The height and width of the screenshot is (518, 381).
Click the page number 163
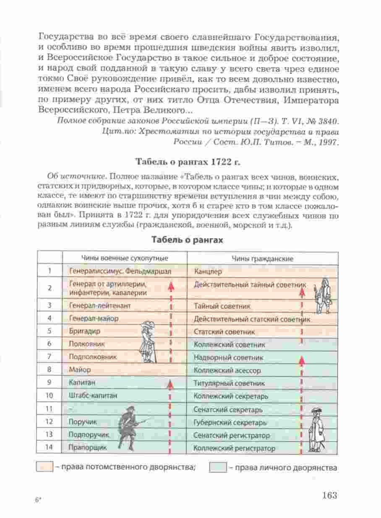(x=329, y=495)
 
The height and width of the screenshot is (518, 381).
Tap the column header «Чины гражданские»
(x=262, y=259)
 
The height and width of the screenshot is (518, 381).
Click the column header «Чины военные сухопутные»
(x=125, y=258)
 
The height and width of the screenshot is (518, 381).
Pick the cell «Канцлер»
(x=206, y=271)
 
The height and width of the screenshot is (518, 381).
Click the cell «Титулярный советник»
(x=229, y=383)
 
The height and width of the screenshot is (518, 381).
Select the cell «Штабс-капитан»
(x=93, y=395)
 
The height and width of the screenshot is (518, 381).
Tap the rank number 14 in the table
(x=50, y=447)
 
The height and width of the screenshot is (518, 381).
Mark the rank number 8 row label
(x=50, y=370)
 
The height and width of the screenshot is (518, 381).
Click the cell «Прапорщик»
(x=88, y=447)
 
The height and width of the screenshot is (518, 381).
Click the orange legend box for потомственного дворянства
(x=44, y=467)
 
